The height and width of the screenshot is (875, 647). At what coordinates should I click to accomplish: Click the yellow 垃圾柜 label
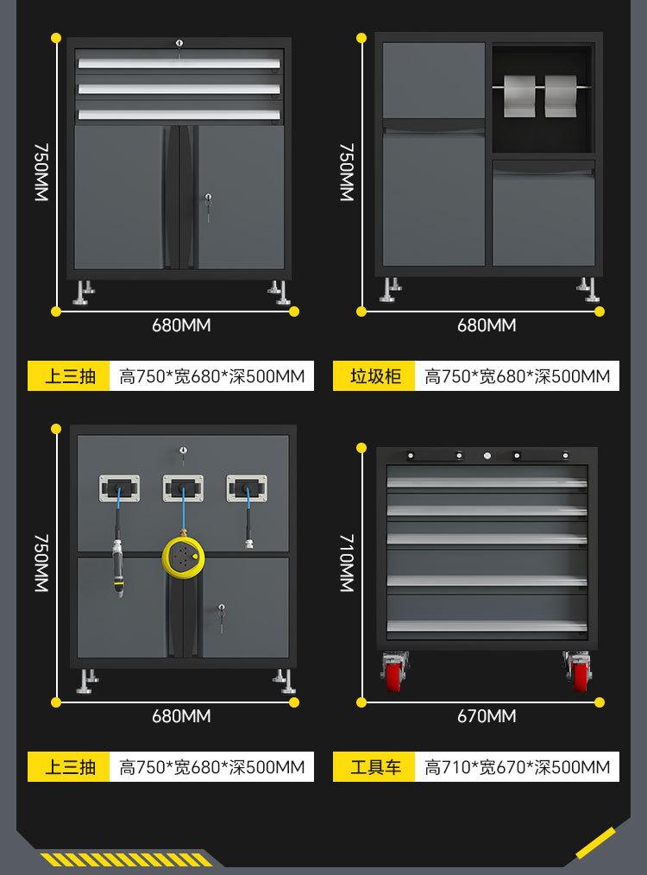[374, 376]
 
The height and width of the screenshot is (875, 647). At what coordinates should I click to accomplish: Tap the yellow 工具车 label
[374, 767]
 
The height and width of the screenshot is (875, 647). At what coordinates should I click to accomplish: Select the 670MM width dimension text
[487, 716]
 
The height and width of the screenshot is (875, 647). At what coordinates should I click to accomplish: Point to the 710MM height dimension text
[347, 563]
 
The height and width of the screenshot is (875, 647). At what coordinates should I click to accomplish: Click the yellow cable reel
[183, 557]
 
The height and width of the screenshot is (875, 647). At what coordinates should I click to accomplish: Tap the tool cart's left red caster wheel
[393, 671]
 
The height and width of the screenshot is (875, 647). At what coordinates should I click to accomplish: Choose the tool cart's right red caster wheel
[578, 671]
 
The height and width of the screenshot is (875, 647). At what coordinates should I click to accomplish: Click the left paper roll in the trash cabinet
[518, 96]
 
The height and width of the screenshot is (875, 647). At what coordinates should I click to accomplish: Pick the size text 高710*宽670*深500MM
[517, 767]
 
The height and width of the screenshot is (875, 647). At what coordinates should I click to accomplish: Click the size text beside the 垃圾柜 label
[517, 376]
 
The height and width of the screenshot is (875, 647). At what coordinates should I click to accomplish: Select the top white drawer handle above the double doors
[179, 64]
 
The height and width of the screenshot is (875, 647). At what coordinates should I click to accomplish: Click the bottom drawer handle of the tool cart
[487, 626]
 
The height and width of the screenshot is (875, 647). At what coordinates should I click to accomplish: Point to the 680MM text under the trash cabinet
[487, 325]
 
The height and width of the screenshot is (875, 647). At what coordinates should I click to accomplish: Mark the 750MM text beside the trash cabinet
[347, 172]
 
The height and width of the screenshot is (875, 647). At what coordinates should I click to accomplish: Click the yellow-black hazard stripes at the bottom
[126, 859]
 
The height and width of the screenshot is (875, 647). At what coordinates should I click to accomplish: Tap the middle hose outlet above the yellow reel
[183, 488]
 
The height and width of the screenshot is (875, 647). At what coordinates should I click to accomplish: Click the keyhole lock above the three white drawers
[179, 43]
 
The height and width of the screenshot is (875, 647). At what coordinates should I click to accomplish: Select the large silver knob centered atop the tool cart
[487, 456]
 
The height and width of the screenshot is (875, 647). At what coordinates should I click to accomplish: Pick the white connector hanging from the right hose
[249, 543]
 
